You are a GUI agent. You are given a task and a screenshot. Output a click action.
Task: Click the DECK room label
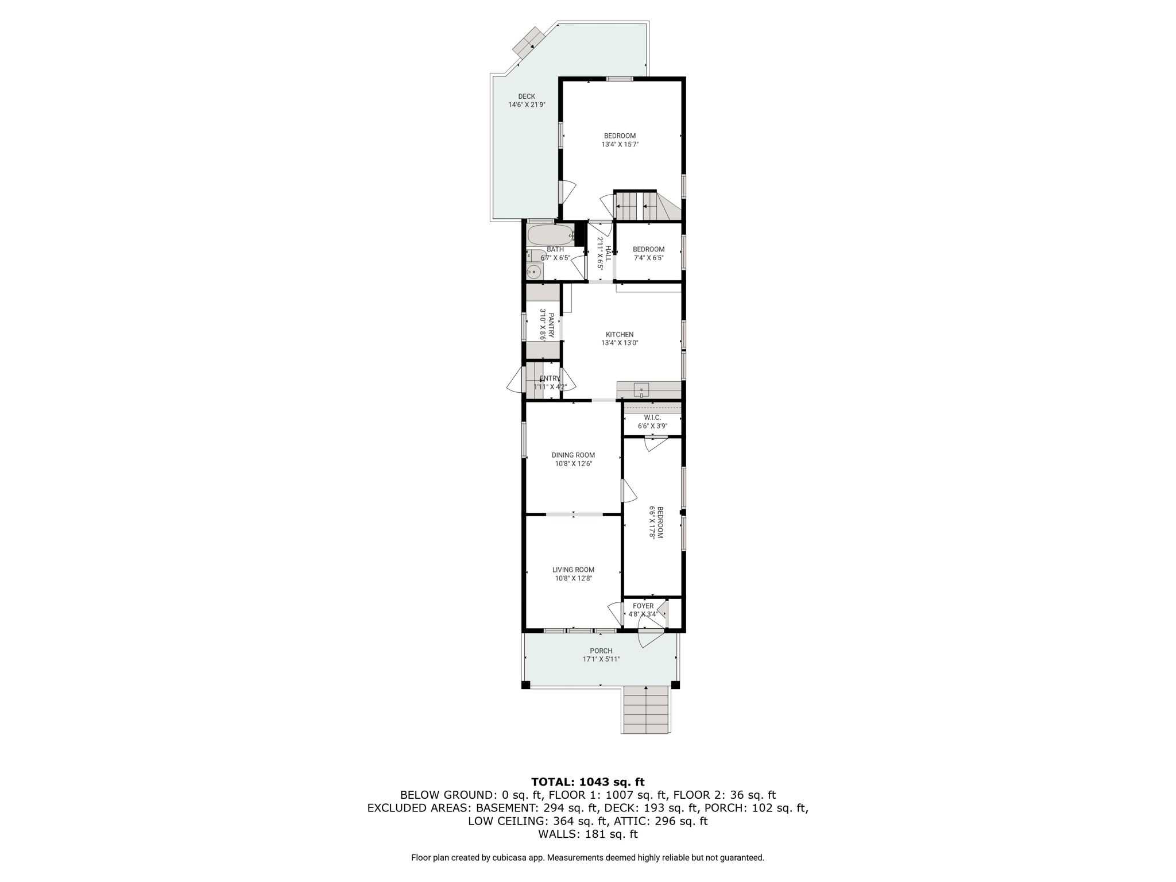[x=527, y=96]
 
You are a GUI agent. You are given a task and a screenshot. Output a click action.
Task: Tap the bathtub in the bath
[x=551, y=235]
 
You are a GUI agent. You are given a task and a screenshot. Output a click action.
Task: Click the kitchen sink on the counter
[x=641, y=390]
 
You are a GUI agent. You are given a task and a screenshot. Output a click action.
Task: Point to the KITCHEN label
[x=620, y=335]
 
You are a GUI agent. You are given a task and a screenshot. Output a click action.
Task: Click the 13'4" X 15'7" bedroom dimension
[x=620, y=145]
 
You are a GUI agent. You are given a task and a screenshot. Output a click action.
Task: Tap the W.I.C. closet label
[x=652, y=417]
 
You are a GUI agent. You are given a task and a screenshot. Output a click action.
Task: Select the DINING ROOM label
[x=573, y=455]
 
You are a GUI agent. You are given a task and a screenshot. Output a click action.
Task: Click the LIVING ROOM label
[x=573, y=570]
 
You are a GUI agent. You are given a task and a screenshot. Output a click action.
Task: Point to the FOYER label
[x=643, y=606]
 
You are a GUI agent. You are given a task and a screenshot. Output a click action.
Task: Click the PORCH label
[x=601, y=651]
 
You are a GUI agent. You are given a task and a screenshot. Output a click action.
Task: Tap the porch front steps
[x=646, y=710]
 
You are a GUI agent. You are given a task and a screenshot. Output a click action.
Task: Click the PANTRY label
[x=551, y=326]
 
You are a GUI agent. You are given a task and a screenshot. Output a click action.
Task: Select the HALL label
[x=609, y=253]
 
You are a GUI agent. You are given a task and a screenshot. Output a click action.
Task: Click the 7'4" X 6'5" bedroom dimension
[x=649, y=258]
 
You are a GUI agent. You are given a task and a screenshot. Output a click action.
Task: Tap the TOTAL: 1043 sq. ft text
[x=588, y=782]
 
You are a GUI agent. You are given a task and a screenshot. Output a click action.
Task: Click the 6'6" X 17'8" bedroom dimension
[x=652, y=522]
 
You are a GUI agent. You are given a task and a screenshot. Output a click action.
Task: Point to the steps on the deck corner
[x=528, y=42]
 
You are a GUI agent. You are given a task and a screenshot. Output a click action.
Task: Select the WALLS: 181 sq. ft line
[x=588, y=834]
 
